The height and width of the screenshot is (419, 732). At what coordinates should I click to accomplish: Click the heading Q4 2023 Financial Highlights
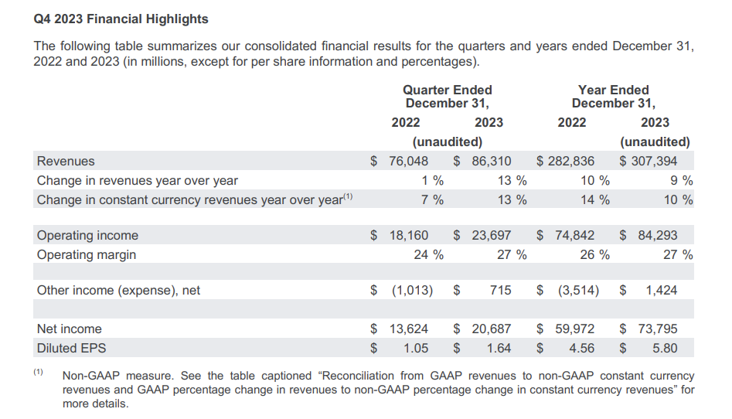click(121, 19)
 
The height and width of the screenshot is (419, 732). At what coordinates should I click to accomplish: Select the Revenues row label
click(66, 161)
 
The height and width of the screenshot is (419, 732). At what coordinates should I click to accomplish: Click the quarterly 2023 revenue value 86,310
click(491, 161)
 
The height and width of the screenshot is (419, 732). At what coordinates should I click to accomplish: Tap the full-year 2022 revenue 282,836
click(574, 161)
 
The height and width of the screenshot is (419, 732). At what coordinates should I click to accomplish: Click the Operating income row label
click(87, 235)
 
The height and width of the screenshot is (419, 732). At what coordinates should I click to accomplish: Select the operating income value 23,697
click(491, 235)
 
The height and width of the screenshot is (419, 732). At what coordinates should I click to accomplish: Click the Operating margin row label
click(87, 254)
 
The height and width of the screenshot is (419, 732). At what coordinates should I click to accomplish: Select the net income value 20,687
click(491, 329)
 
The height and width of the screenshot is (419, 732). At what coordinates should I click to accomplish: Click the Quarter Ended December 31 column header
click(448, 97)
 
